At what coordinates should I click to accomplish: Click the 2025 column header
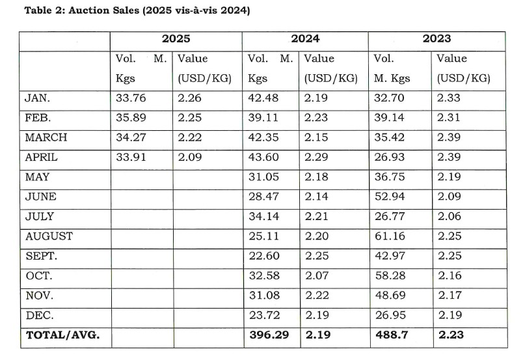point(176,39)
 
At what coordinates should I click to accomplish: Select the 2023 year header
point(437,39)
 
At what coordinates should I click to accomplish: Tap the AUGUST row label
point(49,236)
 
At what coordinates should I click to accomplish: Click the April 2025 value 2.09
point(190,158)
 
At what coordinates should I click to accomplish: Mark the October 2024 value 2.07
point(317,276)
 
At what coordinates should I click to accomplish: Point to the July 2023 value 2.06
point(451,217)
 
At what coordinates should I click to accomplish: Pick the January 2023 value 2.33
point(451,98)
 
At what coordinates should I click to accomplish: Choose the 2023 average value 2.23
point(451,335)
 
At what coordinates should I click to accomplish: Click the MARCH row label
point(45,137)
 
